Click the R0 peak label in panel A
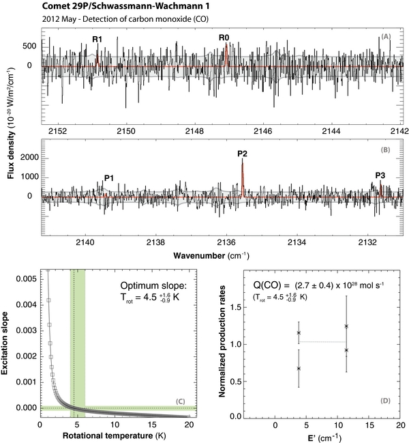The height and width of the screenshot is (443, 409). coord(224,37)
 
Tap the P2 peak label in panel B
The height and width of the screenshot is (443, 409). coord(242,153)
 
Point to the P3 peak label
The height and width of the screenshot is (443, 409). coord(380,175)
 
